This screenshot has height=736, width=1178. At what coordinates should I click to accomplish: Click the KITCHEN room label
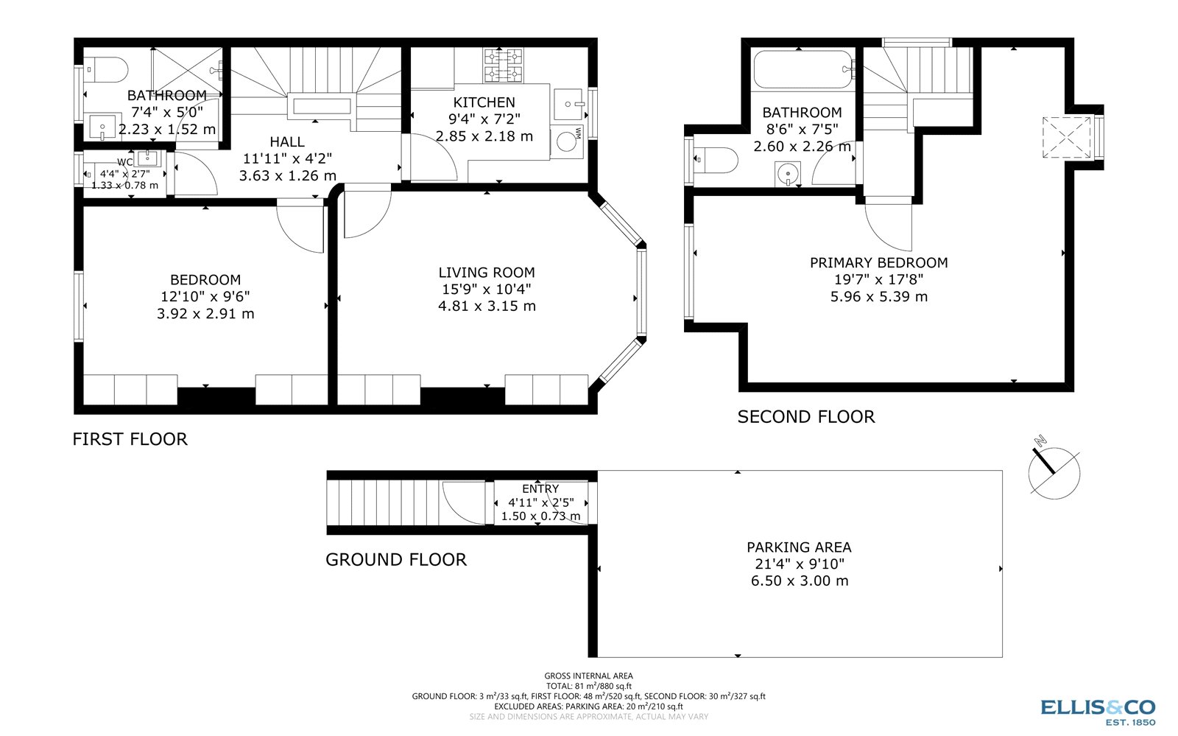tap(484, 102)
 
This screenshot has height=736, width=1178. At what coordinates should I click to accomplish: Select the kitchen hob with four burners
tap(503, 65)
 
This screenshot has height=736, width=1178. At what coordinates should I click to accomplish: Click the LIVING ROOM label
tap(487, 273)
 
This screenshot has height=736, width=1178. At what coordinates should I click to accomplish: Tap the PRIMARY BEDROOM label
tap(878, 263)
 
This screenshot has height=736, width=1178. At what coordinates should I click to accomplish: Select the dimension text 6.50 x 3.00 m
tap(799, 581)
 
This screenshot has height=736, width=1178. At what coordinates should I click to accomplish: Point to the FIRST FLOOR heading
tap(130, 439)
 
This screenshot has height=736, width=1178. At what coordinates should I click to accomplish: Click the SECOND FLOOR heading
tap(806, 417)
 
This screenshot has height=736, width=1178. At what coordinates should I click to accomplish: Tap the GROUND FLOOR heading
tap(396, 560)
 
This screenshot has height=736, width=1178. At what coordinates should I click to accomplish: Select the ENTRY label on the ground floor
tap(540, 488)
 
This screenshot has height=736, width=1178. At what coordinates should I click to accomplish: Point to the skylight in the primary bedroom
tap(1065, 137)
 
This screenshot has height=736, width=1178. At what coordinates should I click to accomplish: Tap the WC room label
tap(124, 162)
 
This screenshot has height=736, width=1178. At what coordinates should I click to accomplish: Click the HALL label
tap(286, 142)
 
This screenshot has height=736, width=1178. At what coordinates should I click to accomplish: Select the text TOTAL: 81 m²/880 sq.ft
tap(588, 686)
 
